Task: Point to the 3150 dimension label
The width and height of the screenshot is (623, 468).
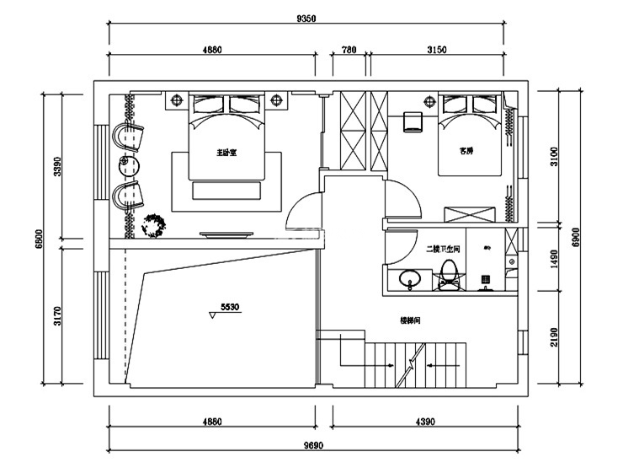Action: pos(436,50)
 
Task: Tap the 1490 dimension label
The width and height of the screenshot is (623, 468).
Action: pos(553,257)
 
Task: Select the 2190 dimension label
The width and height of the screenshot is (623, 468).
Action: pos(553,337)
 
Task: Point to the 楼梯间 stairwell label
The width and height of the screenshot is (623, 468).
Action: pos(410,320)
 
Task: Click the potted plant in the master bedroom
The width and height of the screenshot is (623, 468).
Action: pos(154,225)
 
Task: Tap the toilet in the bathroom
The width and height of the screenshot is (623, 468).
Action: pos(449,273)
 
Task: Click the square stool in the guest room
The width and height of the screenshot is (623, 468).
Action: pos(413,121)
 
